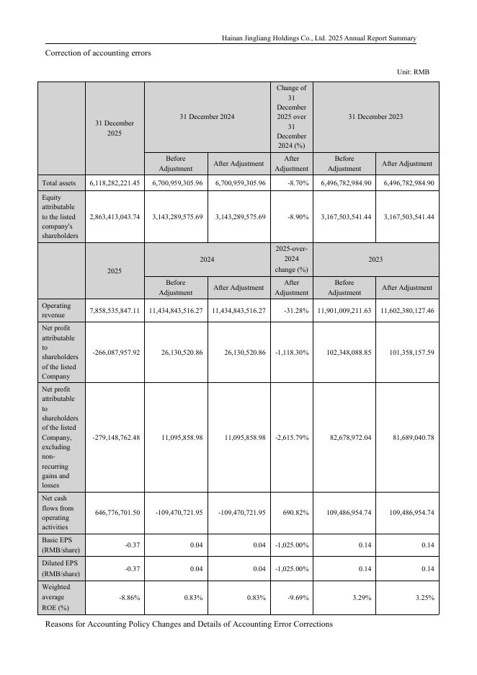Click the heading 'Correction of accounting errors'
(98, 53)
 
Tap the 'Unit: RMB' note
(413, 72)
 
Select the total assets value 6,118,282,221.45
(115, 183)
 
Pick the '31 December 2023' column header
(375, 116)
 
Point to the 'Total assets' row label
(59, 183)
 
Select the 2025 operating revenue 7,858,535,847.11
(115, 311)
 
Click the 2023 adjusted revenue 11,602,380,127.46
(406, 311)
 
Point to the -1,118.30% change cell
(292, 353)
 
